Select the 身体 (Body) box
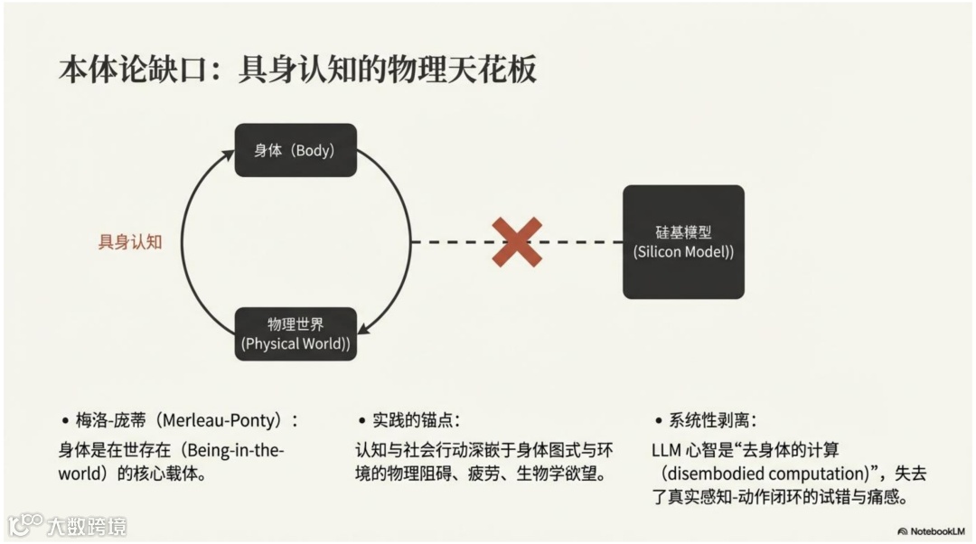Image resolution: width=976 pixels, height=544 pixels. tap(296, 150)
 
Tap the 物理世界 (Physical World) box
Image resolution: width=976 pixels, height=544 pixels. tap(296, 333)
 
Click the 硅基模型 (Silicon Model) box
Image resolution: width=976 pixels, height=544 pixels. tap(683, 241)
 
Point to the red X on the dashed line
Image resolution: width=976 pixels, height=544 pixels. tap(517, 241)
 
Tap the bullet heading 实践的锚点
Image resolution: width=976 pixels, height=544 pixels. tap(416, 421)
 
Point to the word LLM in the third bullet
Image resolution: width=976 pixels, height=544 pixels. tap(666, 449)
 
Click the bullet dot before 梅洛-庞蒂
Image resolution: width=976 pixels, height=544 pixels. tap(65, 422)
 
